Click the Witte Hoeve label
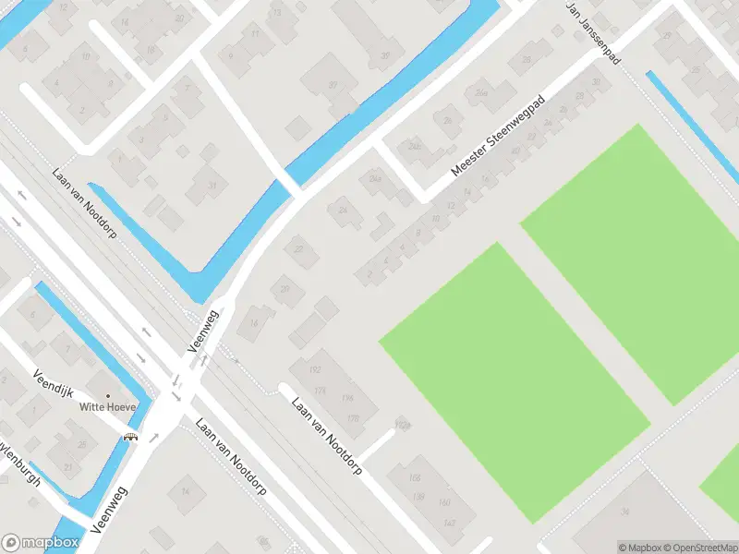coord(108,406)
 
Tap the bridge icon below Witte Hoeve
coord(132,437)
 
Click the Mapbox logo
coord(40,543)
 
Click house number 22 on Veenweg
coord(297,248)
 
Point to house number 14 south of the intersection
coord(186,491)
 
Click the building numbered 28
coord(526,60)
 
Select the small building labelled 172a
coord(401,425)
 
